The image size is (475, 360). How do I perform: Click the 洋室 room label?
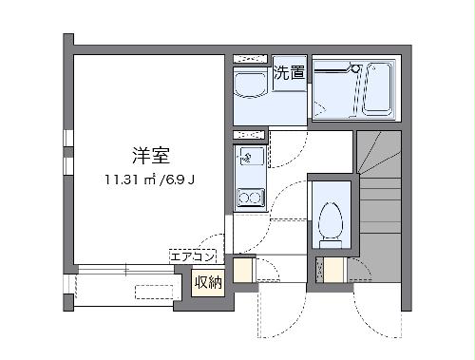(x=145, y=155)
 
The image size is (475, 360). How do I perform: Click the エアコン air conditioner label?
(x=195, y=256)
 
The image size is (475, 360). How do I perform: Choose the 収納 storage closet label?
(x=209, y=281)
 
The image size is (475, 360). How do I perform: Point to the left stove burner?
(x=243, y=199)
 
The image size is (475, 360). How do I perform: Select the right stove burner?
(x=257, y=199)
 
